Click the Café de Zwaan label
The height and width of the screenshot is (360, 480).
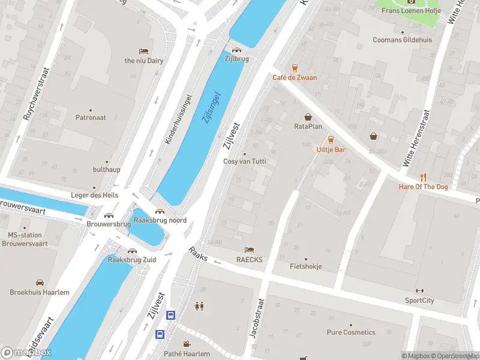[295, 77]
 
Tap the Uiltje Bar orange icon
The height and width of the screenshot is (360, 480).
[331, 139]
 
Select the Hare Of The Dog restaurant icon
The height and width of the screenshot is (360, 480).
[424, 176]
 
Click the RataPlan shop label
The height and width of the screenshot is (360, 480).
[308, 127]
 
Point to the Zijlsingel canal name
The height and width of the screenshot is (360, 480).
[211, 107]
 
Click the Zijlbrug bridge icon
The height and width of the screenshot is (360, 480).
[237, 50]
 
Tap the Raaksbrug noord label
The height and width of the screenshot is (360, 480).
[160, 220]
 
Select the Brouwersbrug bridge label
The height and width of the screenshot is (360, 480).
[109, 224]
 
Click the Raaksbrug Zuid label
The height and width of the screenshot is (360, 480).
[131, 260]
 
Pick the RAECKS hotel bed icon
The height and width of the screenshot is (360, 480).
[250, 250]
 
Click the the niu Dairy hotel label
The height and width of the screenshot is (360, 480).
[143, 61]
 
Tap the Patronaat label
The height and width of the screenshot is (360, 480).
[91, 118]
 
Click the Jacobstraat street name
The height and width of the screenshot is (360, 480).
[256, 319]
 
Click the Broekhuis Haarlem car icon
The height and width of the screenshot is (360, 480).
[40, 282]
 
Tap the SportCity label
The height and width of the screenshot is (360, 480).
[419, 300]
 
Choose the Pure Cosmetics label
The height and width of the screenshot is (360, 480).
[351, 332]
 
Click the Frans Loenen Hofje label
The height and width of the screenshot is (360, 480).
[411, 11]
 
